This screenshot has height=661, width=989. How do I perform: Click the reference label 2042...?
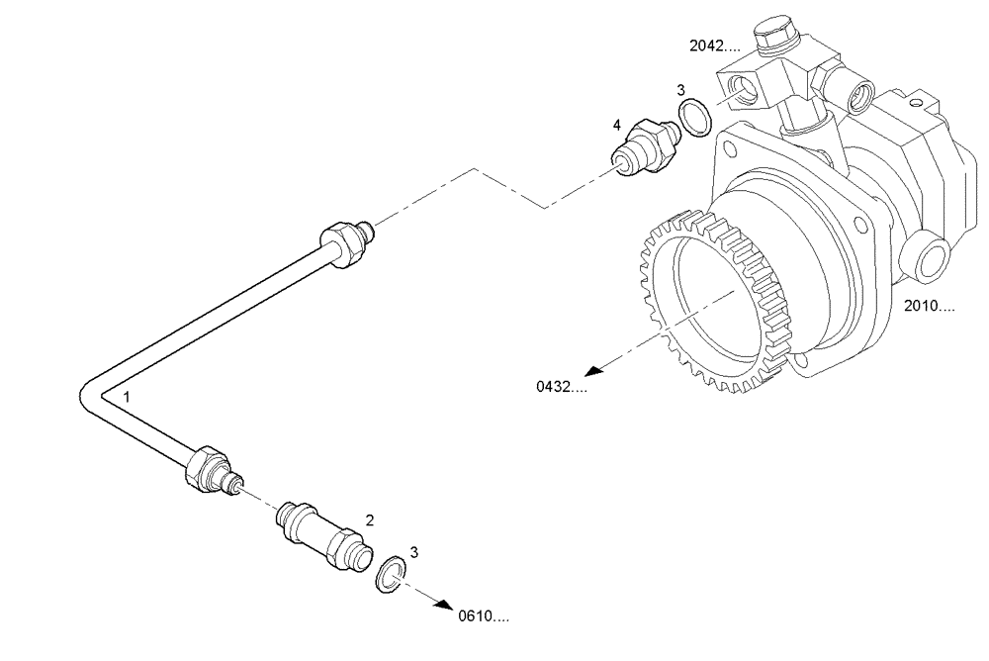coord(715,46)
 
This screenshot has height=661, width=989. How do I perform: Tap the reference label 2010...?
coord(929,307)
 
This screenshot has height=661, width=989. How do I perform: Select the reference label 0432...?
coord(560,388)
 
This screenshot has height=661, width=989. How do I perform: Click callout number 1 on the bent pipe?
coord(127,396)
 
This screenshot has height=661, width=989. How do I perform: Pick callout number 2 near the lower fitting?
coord(370,519)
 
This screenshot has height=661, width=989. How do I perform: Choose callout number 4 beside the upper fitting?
coord(617,126)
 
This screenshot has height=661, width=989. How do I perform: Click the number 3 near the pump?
coord(680,91)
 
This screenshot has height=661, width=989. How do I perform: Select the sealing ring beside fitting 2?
coord(392,573)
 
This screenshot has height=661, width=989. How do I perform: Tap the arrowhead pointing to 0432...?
coord(591,372)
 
